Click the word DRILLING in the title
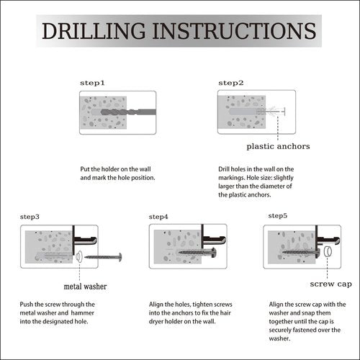tap(94, 31)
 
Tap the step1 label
tap(92, 83)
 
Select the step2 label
tap(231, 83)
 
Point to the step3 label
tap(30, 217)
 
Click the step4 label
tap(158, 217)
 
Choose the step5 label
tap(278, 216)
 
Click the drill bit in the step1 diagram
tap(129, 112)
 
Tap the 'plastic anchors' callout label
tap(278, 146)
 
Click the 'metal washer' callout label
tap(85, 287)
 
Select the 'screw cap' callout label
tap(331, 284)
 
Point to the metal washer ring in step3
tap(78, 257)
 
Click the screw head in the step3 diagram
tap(120, 257)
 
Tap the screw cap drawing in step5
tap(328, 252)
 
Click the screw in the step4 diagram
tap(197, 252)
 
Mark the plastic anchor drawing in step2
tap(271, 112)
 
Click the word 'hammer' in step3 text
tap(83, 313)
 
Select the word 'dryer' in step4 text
tap(156, 322)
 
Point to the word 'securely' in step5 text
tap(280, 330)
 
